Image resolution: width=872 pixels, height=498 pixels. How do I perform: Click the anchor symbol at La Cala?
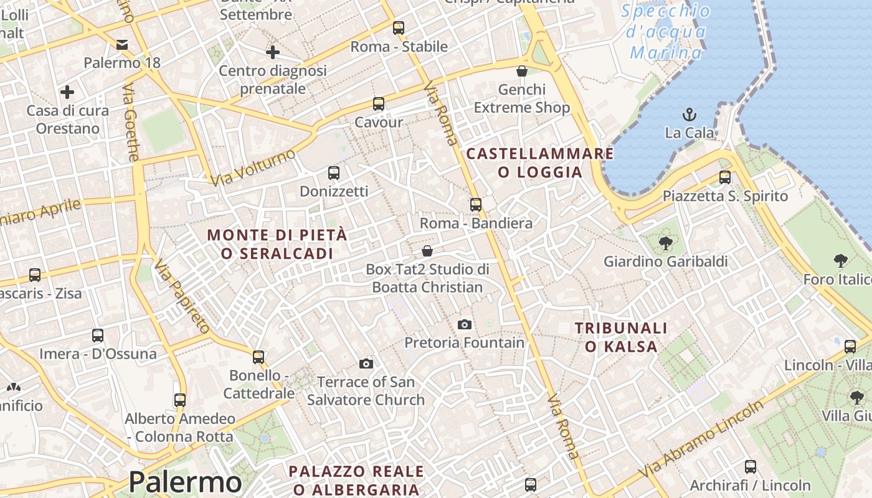pyautogui.click(x=689, y=115)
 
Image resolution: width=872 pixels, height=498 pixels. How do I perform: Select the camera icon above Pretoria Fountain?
pyautogui.click(x=464, y=324)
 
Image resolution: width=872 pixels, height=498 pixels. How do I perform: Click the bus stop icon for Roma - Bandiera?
pyautogui.click(x=476, y=204)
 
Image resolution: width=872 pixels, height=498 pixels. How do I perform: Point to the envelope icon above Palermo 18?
pyautogui.click(x=122, y=44)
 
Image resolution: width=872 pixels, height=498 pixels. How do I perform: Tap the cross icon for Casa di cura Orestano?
pyautogui.click(x=67, y=93)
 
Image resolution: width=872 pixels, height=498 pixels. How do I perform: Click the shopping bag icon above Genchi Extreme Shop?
pyautogui.click(x=522, y=71)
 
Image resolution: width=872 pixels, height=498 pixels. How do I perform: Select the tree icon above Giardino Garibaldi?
pyautogui.click(x=665, y=243)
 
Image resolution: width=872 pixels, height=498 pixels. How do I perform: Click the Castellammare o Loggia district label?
pyautogui.click(x=540, y=162)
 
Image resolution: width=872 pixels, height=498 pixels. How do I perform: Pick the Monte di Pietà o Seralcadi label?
pyautogui.click(x=277, y=244)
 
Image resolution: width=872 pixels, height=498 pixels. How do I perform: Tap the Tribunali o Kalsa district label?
pyautogui.click(x=621, y=337)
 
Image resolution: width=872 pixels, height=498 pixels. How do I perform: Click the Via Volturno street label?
pyautogui.click(x=252, y=167)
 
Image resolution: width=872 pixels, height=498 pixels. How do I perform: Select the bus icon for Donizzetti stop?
pyautogui.click(x=334, y=172)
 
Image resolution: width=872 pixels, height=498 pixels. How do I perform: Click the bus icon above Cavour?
pyautogui.click(x=379, y=104)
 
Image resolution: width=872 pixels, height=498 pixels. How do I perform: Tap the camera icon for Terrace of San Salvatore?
pyautogui.click(x=366, y=364)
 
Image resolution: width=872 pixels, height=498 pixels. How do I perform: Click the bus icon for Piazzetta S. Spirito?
pyautogui.click(x=725, y=177)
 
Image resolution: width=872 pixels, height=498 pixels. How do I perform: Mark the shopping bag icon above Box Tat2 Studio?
pyautogui.click(x=427, y=251)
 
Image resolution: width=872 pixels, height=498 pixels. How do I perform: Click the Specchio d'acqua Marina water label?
pyautogui.click(x=666, y=32)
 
